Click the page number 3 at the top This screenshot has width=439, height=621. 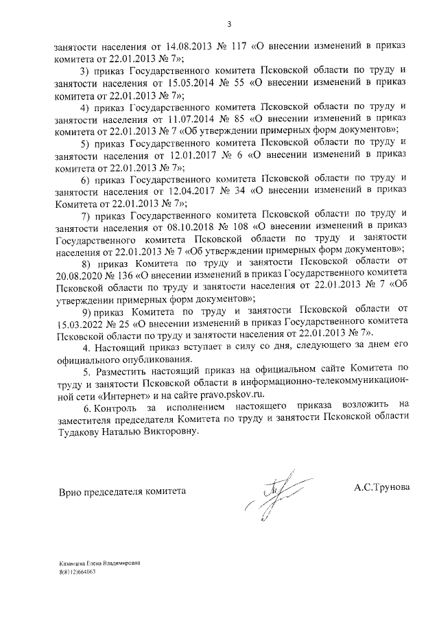[x=229, y=25]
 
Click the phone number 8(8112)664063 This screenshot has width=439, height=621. [x=76, y=571]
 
